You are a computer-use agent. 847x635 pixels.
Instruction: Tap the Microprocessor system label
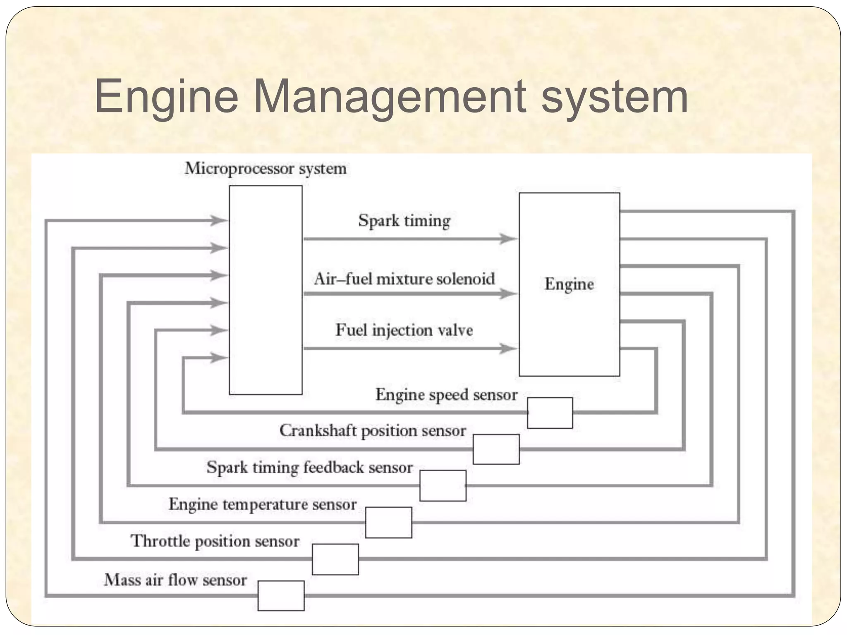pos(265,169)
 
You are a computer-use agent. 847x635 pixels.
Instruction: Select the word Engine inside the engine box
pos(569,284)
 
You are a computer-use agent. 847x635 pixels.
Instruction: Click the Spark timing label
pos(404,220)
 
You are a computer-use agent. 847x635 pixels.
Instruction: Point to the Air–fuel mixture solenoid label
pos(404,279)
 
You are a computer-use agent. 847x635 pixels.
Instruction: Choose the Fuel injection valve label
pos(404,330)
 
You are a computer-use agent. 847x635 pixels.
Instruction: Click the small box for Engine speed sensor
pos(550,413)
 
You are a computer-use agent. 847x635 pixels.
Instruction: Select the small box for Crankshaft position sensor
pos(496,449)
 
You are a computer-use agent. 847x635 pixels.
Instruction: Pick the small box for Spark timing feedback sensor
pos(443,485)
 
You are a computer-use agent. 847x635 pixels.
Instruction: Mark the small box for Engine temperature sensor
pos(388,522)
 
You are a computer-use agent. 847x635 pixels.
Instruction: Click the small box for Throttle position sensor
pos(335,559)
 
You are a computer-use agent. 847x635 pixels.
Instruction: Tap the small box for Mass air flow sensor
pos(281,595)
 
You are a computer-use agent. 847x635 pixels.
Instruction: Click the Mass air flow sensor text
pos(175,580)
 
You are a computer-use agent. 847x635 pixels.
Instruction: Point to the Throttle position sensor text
pos(215,541)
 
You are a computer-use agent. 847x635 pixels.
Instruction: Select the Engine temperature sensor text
pos(262,504)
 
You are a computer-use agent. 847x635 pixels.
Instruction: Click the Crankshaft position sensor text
pos(373,431)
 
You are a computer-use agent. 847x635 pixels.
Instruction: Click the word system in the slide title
pos(614,97)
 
